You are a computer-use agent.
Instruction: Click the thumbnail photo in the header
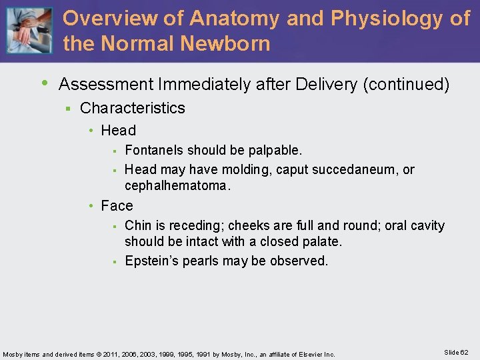pyautogui.click(x=28, y=31)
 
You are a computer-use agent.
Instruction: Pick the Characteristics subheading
pyautogui.click(x=132, y=108)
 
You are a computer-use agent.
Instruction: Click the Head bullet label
pyautogui.click(x=118, y=131)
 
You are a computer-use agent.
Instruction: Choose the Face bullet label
pyautogui.click(x=117, y=206)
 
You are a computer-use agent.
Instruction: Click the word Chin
pyautogui.click(x=137, y=225)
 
